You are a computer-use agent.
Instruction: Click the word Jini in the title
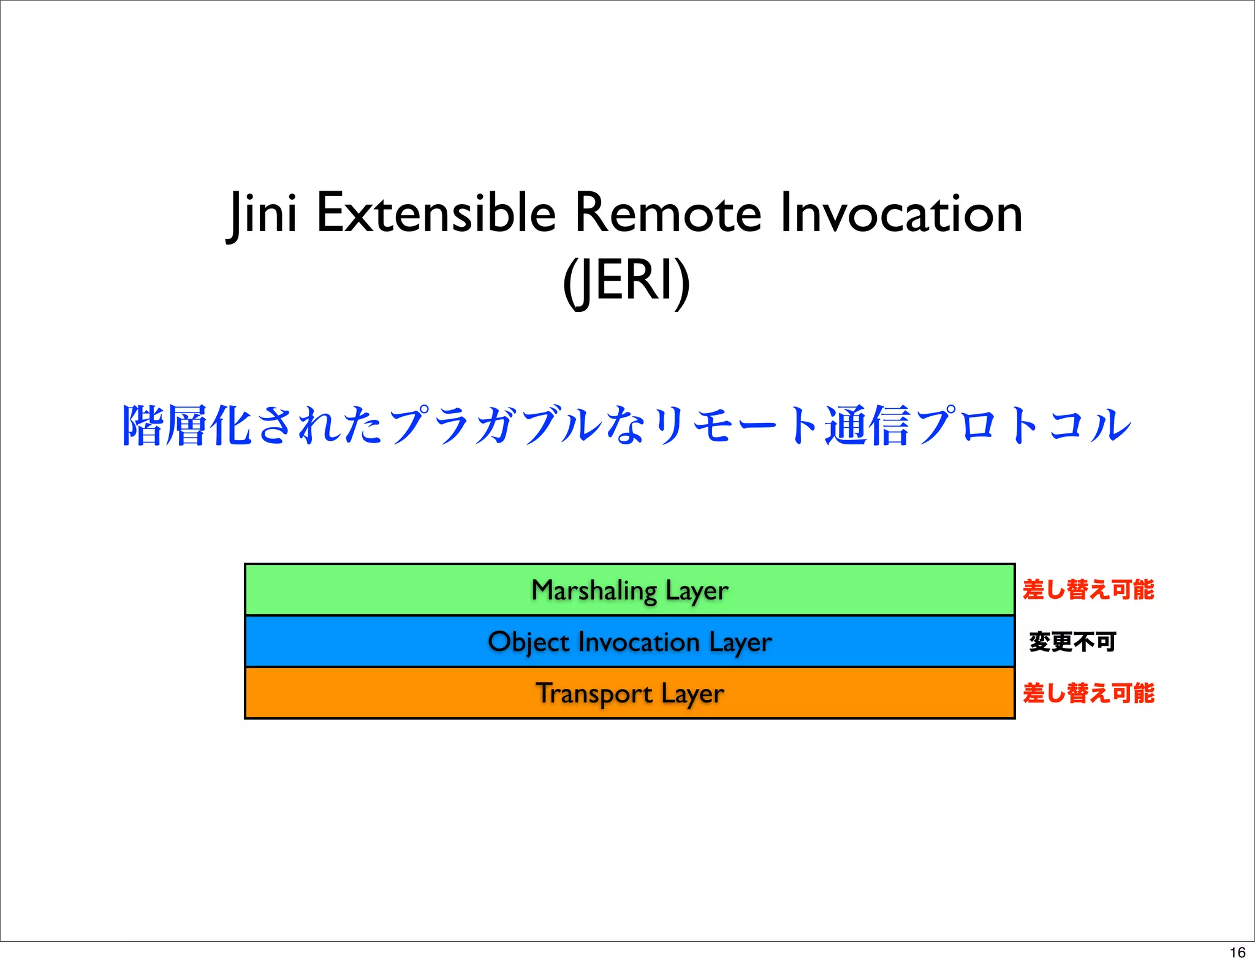tap(262, 213)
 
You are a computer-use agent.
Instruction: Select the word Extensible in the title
tap(436, 213)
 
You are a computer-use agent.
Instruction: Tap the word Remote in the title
tap(667, 213)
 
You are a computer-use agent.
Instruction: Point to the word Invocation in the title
tap(901, 213)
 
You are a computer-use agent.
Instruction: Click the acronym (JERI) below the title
tap(626, 281)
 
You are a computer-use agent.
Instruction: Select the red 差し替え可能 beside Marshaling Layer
tap(1088, 590)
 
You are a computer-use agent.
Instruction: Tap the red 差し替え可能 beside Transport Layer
tap(1088, 693)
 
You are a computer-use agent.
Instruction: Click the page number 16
tap(1237, 953)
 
